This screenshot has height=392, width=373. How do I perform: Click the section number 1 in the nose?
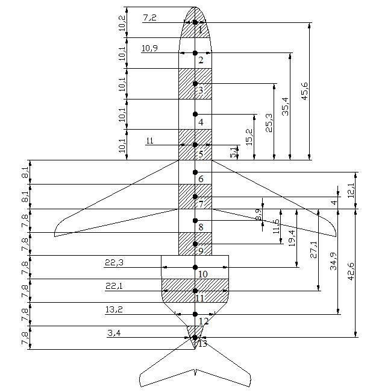[200, 30]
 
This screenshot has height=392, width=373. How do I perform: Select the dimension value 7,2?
[149, 18]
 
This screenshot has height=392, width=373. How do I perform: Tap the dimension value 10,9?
[149, 48]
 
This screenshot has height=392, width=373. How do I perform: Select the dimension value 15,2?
[249, 136]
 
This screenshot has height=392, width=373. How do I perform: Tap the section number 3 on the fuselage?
[201, 91]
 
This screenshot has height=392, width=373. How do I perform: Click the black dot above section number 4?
[195, 114]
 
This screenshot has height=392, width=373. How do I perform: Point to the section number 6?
[201, 179]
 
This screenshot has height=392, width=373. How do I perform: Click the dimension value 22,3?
[114, 263]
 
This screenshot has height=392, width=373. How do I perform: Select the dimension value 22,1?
[114, 286]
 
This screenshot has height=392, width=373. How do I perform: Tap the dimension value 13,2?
[114, 310]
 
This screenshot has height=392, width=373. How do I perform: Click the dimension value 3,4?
[114, 333]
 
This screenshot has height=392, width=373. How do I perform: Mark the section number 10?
[202, 274]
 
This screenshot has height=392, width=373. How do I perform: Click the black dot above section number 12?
[195, 314]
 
